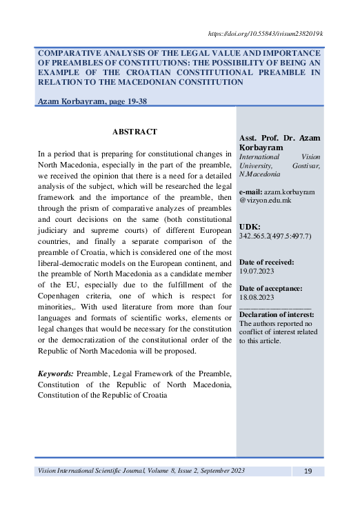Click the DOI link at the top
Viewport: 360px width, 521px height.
click(265, 33)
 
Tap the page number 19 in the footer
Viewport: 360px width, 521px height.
click(308, 471)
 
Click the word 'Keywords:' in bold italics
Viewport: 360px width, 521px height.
click(57, 373)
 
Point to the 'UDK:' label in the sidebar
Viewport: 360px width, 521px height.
click(250, 226)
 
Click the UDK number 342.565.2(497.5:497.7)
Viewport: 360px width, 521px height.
click(275, 236)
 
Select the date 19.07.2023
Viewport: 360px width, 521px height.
click(257, 272)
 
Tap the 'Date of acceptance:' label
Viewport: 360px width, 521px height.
click(270, 287)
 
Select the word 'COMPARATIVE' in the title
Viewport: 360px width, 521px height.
click(70, 52)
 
